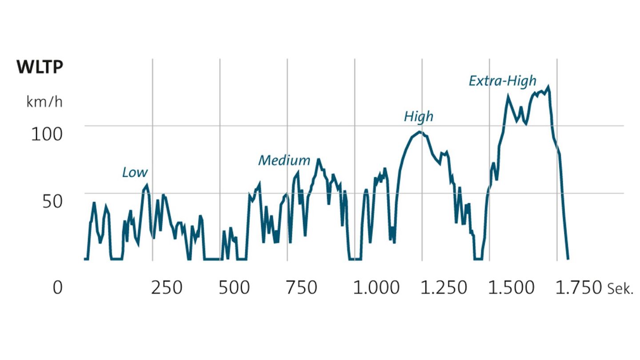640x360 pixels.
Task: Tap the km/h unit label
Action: (44, 102)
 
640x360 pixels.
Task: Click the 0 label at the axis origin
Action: (57, 288)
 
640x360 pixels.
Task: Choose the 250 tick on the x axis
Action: (167, 288)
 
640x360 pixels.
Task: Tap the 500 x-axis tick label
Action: (234, 288)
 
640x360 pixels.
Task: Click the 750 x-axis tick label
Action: (302, 288)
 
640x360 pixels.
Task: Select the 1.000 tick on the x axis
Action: (376, 288)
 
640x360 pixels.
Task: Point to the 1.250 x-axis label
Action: (443, 288)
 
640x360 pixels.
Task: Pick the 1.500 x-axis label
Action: (511, 288)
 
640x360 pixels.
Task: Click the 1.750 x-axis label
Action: (578, 288)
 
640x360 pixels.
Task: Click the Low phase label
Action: (135, 172)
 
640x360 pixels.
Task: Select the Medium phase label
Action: (284, 160)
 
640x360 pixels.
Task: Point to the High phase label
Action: (418, 117)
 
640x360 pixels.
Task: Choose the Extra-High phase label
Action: (503, 81)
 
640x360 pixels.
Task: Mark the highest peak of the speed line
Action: (548, 87)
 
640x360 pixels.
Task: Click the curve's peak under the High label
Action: (420, 132)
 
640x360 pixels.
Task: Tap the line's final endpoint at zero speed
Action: (568, 259)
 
